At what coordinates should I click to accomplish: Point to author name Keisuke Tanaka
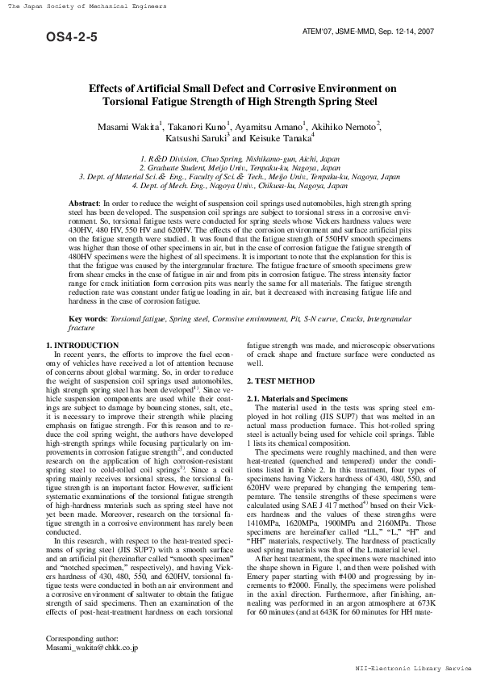[x=289, y=138]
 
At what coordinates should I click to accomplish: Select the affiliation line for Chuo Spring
[x=240, y=160]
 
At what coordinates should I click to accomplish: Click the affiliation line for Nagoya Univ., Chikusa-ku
[x=240, y=184]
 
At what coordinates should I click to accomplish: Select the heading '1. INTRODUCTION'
[x=82, y=346]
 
